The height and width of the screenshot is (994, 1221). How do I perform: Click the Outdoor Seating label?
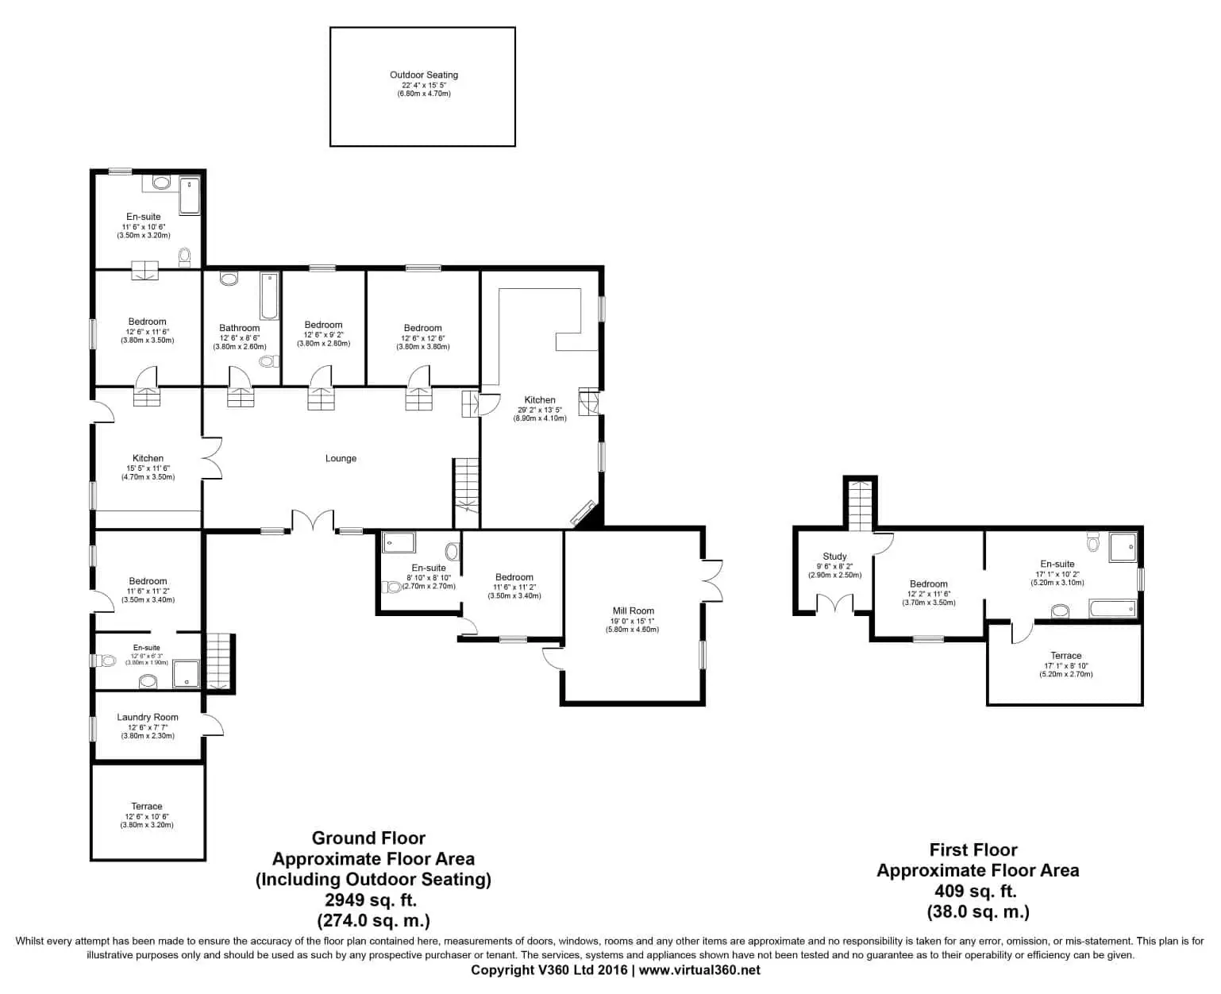click(423, 75)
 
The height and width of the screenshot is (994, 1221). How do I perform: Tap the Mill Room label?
click(633, 611)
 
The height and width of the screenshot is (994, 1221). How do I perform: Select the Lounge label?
click(341, 459)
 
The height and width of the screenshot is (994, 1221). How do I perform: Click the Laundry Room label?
click(148, 718)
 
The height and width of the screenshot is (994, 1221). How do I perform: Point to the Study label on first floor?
click(834, 557)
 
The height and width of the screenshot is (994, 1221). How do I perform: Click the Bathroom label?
click(239, 328)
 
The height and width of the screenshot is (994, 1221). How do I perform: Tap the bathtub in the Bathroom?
click(269, 295)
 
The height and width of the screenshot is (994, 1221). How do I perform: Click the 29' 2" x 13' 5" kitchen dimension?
click(539, 410)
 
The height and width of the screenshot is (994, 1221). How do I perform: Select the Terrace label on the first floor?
click(1065, 656)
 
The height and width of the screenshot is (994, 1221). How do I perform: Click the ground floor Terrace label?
click(147, 807)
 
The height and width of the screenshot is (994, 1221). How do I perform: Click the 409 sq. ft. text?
click(977, 891)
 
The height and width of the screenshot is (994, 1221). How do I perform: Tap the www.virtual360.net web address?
click(699, 970)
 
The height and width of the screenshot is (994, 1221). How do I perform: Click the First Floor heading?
click(973, 850)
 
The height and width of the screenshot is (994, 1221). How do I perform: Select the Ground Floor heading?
click(368, 838)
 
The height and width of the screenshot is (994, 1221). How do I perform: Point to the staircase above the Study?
click(860, 506)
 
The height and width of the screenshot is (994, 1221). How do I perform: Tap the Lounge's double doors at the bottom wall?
click(312, 522)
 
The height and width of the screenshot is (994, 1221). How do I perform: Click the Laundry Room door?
click(213, 725)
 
